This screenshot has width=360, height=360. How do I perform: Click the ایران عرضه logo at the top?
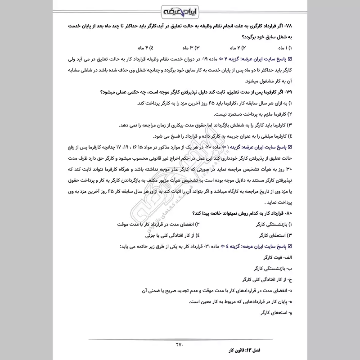coord(180,10)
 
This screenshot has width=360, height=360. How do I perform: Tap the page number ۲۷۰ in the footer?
coord(180,345)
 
